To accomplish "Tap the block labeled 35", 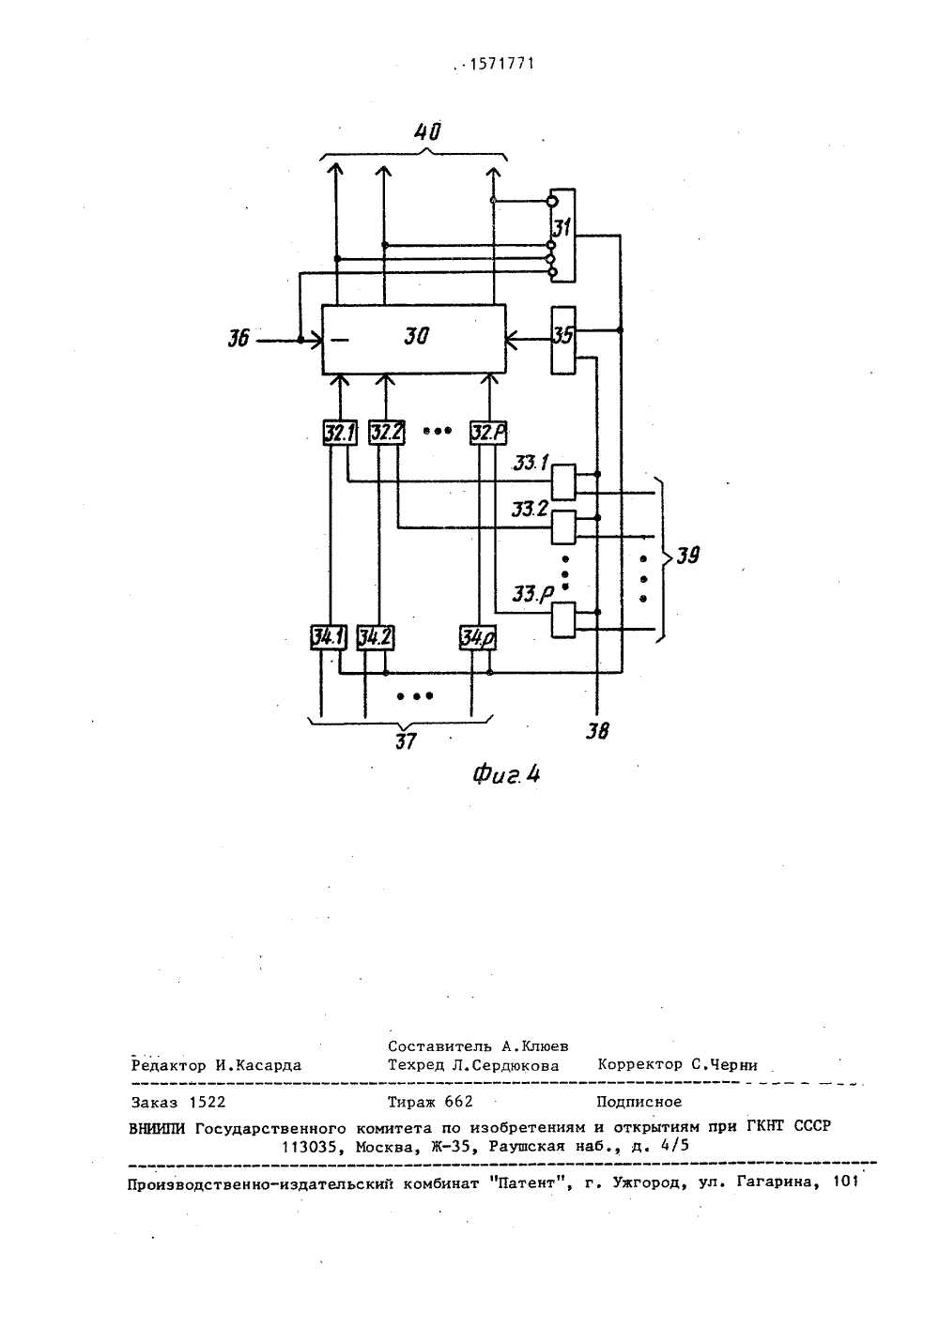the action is pos(563,340).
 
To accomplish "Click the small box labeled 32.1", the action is pos(340,433).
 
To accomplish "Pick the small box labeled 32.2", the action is pos(387,433).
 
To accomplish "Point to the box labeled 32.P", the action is pos(488,433).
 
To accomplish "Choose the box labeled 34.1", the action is pos(329,637).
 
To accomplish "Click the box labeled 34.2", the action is pos(376,637).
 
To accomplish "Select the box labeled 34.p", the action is pos(478,637).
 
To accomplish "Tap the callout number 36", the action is pos(239,340).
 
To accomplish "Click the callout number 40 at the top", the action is pos(427,131).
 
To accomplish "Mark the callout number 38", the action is pos(597,732).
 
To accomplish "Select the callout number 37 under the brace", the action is pos(406,741).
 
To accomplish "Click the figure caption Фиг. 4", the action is pos(506,775).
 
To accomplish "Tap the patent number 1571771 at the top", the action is pos(501,64).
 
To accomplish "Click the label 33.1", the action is pos(531,463).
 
